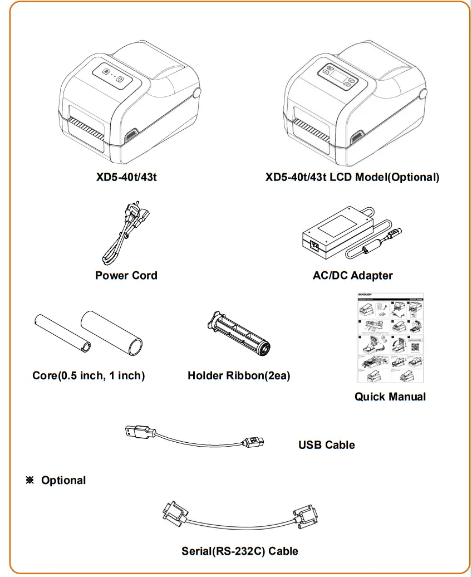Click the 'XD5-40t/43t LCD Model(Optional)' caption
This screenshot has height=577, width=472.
pos(352,177)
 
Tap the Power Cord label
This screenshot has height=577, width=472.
pos(126,275)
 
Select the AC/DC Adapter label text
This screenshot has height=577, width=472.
pos(352,275)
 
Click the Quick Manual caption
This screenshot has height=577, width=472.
pos(390,397)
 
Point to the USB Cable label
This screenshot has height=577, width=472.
pos(326,444)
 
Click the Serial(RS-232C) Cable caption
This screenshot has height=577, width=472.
pos(240,551)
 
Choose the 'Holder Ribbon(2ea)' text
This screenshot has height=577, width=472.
pos(239,375)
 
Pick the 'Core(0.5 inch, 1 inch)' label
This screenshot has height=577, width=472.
pos(88,375)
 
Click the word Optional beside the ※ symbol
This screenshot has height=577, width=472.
pos(63,480)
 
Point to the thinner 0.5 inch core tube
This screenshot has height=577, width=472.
pos(61,332)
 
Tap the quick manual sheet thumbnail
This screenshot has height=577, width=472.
pos(390,338)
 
